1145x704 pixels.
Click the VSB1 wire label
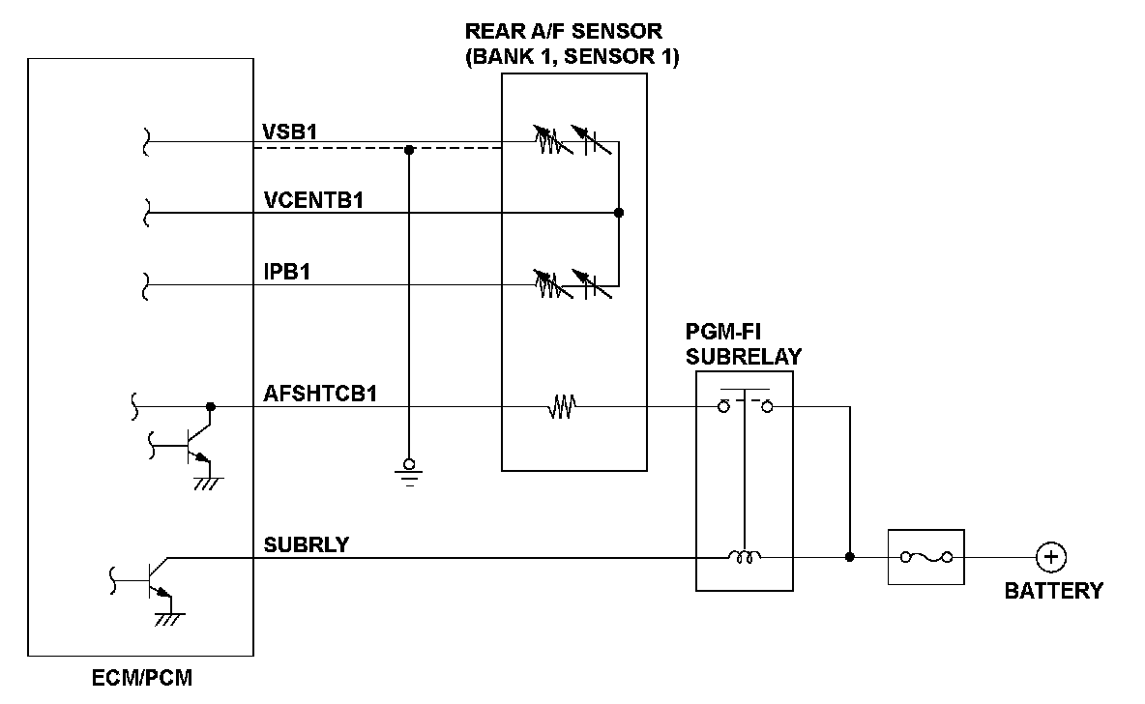[x=290, y=131]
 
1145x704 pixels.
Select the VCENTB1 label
[x=320, y=200]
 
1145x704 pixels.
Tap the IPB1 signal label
[x=286, y=273]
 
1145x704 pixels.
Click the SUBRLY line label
[x=307, y=544]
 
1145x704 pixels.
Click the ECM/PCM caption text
[x=142, y=677]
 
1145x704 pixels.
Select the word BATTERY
[x=1053, y=591]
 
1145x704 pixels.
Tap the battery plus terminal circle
[x=1050, y=557]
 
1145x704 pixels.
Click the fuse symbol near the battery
[x=925, y=557]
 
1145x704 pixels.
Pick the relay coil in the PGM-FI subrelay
[x=744, y=557]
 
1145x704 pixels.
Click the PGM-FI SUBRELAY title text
[x=744, y=345]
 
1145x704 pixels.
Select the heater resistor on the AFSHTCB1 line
[x=560, y=408]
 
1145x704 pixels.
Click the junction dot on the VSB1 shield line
[x=409, y=150]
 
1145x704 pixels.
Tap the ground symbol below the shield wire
[x=409, y=472]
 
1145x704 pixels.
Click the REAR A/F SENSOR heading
[x=572, y=44]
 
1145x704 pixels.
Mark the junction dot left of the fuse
[x=850, y=557]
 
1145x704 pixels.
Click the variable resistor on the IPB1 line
[x=548, y=284]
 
